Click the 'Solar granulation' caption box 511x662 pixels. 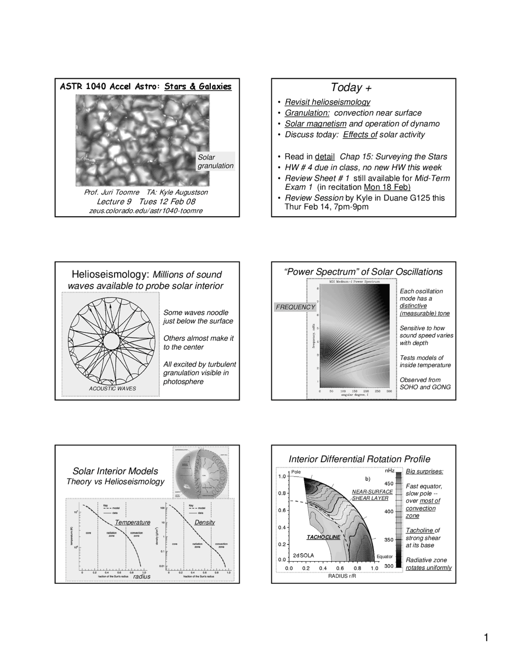[215, 162]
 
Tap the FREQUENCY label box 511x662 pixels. [295, 307]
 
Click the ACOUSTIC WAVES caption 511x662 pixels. [112, 389]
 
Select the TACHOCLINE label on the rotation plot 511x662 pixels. [323, 537]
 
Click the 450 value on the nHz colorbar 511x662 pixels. [388, 484]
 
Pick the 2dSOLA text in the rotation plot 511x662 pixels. [303, 555]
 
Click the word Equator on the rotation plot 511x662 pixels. [384, 556]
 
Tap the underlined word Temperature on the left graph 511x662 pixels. [133, 522]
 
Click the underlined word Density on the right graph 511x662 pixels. [204, 522]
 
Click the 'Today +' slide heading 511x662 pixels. [351, 87]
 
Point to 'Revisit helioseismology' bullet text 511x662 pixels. [327, 102]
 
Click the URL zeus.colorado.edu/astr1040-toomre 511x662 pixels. [146, 211]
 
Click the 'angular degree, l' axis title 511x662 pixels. [354, 395]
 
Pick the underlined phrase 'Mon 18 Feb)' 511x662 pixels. [387, 187]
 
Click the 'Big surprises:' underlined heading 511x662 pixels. [424, 472]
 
